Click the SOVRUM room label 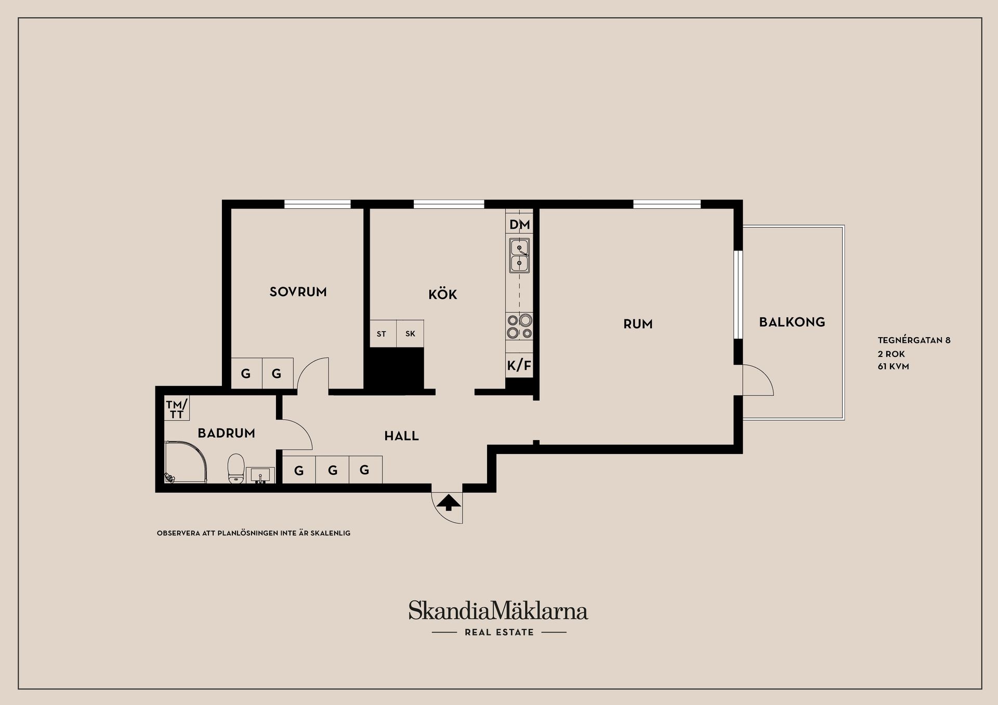298,292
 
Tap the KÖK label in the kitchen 442,295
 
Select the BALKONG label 792,322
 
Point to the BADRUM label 226,433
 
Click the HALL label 401,436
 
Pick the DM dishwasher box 519,224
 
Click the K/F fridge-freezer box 519,366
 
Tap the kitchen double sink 519,256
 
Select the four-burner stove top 519,326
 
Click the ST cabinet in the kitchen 382,334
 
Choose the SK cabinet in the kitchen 410,334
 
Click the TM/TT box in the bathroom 177,408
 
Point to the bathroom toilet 236,469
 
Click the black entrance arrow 448,502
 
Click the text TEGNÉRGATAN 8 914,341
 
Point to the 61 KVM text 893,367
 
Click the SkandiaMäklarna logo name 498,611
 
